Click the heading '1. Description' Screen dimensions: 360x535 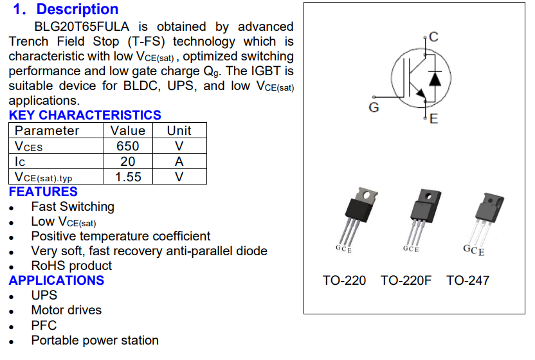pyautogui.click(x=66, y=10)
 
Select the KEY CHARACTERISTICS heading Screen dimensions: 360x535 pyautogui.click(x=85, y=115)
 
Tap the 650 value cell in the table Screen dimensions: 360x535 pyautogui.click(x=128, y=146)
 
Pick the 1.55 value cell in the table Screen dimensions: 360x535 pyautogui.click(x=128, y=177)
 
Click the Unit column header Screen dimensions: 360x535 pyautogui.click(x=179, y=130)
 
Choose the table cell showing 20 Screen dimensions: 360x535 pyautogui.click(x=128, y=161)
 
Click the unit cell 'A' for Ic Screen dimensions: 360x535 pyautogui.click(x=179, y=161)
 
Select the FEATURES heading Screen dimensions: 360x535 pyautogui.click(x=43, y=192)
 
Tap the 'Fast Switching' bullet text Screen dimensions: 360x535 pyautogui.click(x=73, y=206)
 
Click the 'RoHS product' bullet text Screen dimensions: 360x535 pyautogui.click(x=71, y=265)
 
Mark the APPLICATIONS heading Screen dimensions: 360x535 pyautogui.click(x=57, y=280)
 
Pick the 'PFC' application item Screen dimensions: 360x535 pyautogui.click(x=44, y=325)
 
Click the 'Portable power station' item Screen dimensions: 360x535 pyautogui.click(x=95, y=340)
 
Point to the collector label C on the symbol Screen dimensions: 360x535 pyautogui.click(x=434, y=37)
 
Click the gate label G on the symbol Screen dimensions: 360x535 pyautogui.click(x=374, y=107)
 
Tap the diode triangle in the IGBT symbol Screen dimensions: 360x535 pyautogui.click(x=435, y=78)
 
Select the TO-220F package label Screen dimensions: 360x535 pyautogui.click(x=406, y=280)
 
